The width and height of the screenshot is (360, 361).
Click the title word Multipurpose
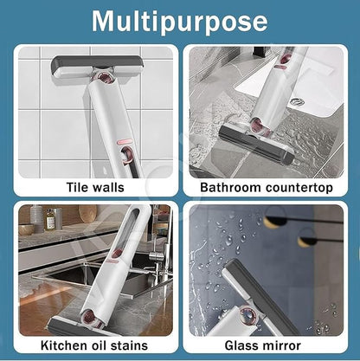tap(180, 23)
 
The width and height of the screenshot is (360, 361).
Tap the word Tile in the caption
tap(76, 187)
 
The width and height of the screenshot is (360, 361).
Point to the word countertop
tap(299, 188)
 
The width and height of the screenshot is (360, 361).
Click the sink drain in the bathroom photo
tap(297, 101)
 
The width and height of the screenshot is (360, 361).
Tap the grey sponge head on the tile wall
tap(96, 67)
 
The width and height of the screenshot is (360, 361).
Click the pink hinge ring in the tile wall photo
tap(105, 79)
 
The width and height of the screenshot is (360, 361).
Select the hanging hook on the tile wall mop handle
tap(127, 156)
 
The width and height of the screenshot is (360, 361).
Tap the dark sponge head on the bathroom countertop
tap(256, 145)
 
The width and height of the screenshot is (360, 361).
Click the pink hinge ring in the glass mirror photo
tap(247, 315)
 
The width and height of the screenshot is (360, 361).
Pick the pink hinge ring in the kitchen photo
tap(90, 318)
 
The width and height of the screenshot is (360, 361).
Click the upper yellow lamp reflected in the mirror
tap(274, 221)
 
